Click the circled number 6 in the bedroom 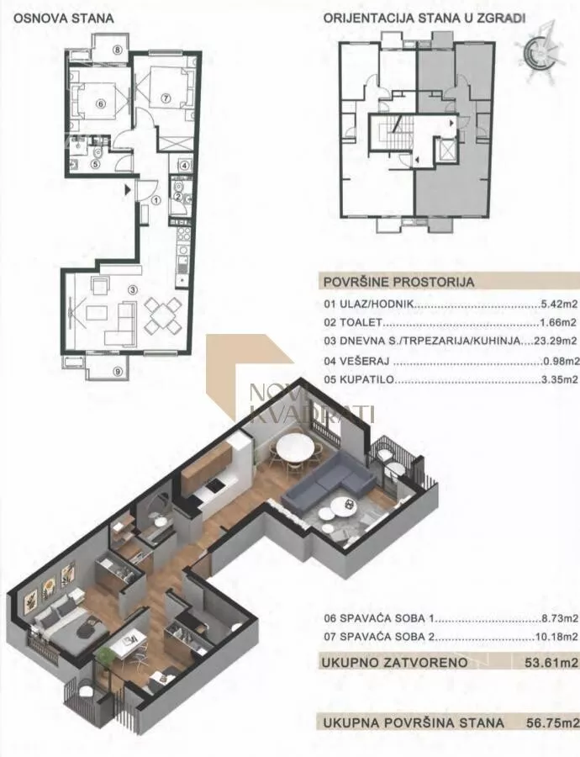click(100, 103)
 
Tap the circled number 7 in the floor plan click(166, 98)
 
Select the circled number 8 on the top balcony click(117, 50)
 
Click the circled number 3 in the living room click(133, 289)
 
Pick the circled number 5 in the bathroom click(95, 164)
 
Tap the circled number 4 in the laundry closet click(184, 165)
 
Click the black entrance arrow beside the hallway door click(128, 190)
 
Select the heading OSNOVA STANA click(63, 19)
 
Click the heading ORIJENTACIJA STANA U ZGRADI click(424, 19)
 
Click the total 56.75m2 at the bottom click(552, 723)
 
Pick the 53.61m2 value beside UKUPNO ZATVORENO click(551, 663)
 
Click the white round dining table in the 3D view click(294, 447)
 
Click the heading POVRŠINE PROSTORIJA click(398, 283)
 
